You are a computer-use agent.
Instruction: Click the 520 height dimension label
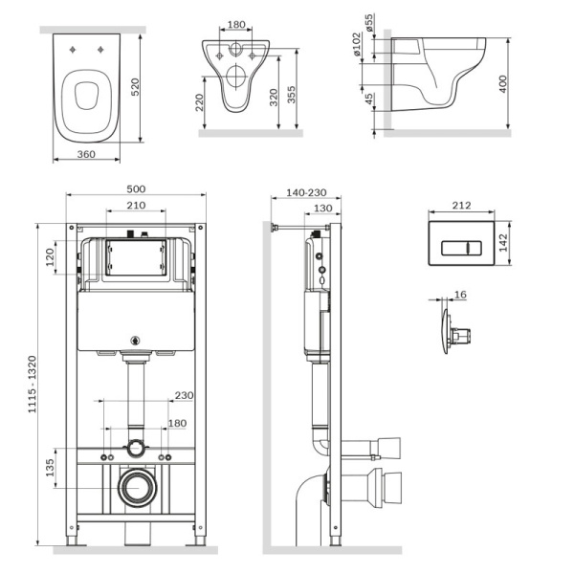[x=136, y=87]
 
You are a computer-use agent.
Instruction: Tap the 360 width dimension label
[x=86, y=154]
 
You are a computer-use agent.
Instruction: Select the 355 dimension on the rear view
[x=292, y=95]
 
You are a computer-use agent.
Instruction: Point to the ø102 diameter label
[x=357, y=44]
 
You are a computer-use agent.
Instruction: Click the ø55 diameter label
[x=369, y=22]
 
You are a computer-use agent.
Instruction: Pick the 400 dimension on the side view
[x=503, y=84]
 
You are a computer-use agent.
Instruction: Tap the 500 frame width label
[x=136, y=189]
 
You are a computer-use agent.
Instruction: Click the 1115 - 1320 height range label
[x=33, y=385]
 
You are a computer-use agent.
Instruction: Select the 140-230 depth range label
[x=306, y=192]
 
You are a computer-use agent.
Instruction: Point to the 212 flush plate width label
[x=461, y=206]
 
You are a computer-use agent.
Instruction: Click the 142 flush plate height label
[x=503, y=243]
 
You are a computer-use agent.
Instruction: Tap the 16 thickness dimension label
[x=460, y=295]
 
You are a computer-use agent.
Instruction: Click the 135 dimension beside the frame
[x=50, y=468]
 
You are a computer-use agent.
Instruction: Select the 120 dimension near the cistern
[x=50, y=257]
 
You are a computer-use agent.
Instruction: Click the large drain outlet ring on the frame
[x=138, y=487]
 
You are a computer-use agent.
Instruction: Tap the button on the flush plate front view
[x=461, y=248]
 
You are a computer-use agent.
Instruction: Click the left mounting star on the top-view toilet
[x=73, y=50]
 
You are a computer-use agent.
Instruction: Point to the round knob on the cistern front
[x=136, y=341]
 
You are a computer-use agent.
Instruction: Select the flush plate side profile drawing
[x=456, y=332]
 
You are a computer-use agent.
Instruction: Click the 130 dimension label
[x=323, y=209]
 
